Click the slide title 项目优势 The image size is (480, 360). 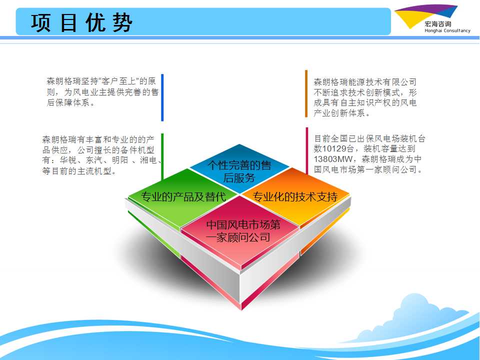[81, 22]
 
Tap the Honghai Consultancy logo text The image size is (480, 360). [447, 30]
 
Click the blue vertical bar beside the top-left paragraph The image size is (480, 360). [162, 97]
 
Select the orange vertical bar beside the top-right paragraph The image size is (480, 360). [306, 93]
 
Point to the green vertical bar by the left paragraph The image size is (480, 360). [162, 156]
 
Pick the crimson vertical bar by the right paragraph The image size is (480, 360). [306, 150]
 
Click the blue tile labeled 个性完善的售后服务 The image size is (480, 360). [239, 169]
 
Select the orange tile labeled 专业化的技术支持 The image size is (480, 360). [295, 196]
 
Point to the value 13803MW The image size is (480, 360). [333, 159]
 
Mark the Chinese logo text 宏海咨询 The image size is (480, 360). [438, 24]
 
